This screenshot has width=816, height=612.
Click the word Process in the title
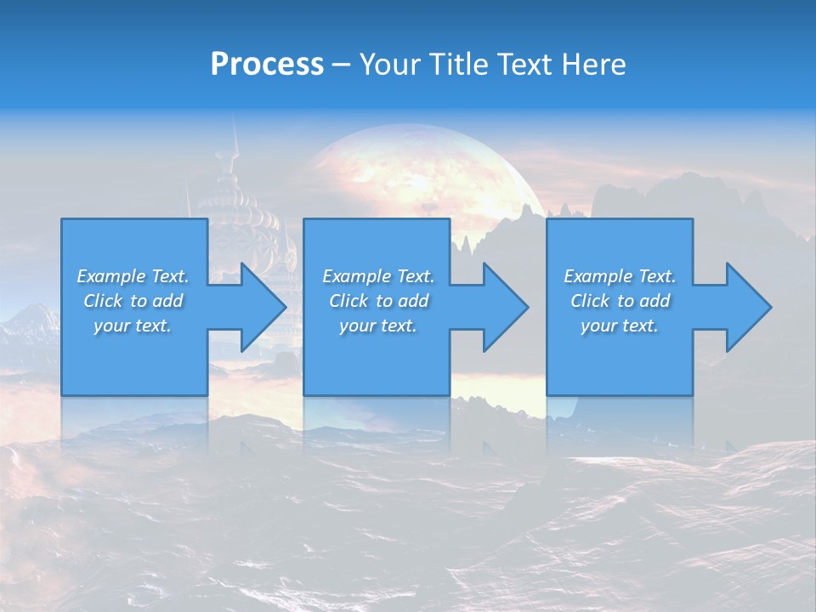click(267, 65)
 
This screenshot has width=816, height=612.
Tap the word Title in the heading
click(459, 65)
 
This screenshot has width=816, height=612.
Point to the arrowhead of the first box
click(260, 307)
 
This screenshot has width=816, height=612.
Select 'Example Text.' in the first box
click(133, 276)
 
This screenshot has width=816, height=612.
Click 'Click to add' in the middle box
click(378, 301)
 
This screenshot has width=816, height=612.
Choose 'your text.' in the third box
click(620, 326)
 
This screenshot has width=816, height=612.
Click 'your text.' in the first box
click(133, 326)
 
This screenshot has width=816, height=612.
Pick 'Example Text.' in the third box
click(620, 276)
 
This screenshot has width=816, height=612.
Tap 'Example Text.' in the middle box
click(378, 276)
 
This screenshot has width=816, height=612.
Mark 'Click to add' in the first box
click(133, 301)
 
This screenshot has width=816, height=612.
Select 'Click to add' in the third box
click(620, 301)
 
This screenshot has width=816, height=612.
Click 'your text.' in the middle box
click(378, 326)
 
